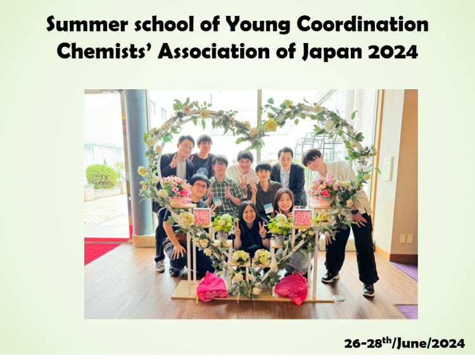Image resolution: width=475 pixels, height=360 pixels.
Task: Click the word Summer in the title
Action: click(x=87, y=24)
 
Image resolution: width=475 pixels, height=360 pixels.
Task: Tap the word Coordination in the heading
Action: click(x=363, y=24)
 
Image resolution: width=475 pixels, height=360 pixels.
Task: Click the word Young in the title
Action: click(x=258, y=25)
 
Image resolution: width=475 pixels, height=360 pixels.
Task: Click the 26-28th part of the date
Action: click(x=368, y=343)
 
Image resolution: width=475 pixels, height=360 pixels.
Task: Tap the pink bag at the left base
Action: click(x=212, y=287)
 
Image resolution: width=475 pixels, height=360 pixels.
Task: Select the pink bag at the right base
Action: click(x=291, y=288)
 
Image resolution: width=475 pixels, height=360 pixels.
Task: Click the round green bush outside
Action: click(x=101, y=176)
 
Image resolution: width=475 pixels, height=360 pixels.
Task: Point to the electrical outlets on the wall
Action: click(x=407, y=239)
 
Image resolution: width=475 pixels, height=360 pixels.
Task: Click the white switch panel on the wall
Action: click(x=388, y=168)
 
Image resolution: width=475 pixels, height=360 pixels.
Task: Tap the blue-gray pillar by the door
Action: click(x=138, y=163)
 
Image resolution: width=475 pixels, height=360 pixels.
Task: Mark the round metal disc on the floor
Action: click(x=338, y=298)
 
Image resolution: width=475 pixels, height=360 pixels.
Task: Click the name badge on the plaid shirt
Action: click(x=217, y=201)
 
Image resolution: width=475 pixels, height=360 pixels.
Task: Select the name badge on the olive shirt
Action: click(x=268, y=208)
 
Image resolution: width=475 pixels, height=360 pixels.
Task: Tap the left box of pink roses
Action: click(x=202, y=216)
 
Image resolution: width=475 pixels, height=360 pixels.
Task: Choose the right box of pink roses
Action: click(x=302, y=217)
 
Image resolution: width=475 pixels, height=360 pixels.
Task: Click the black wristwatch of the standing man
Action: click(x=355, y=212)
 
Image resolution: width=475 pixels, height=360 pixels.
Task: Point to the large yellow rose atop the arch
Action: click(x=271, y=125)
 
